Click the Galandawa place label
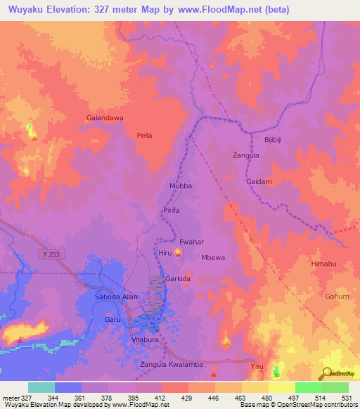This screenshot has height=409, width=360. coord(105,118)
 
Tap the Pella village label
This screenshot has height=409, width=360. coord(144,135)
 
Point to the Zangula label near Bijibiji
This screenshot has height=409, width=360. coord(246,155)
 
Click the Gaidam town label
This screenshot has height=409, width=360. coord(259,181)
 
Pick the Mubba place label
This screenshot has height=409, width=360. coord(181,186)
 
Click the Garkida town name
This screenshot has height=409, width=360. coord(178,279)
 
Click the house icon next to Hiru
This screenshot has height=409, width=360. coord(178,253)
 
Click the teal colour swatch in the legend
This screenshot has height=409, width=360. coord(41,387)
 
